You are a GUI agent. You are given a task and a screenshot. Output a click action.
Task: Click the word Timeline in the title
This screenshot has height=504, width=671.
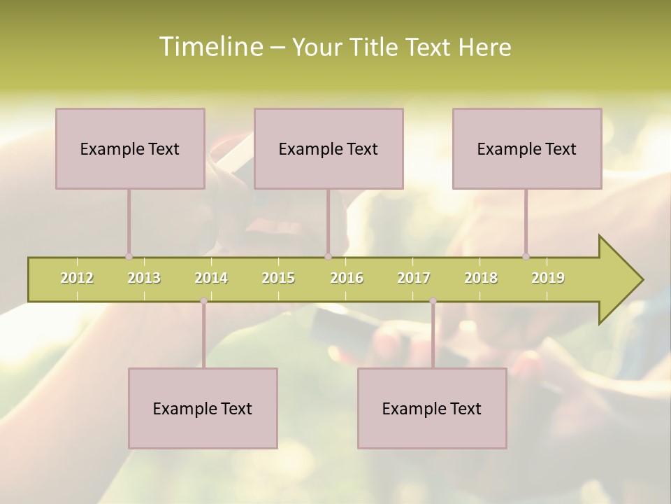210,47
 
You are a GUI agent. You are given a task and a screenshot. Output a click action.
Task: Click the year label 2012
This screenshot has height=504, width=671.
77,278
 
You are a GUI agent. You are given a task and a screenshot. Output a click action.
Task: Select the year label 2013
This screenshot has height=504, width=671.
144,278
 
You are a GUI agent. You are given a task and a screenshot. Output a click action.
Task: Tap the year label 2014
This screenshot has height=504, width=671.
211,278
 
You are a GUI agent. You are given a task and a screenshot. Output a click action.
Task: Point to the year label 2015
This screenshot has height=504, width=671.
278,278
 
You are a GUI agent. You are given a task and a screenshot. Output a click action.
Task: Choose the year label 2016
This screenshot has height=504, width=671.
347,278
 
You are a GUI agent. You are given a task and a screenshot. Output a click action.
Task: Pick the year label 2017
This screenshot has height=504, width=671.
414,278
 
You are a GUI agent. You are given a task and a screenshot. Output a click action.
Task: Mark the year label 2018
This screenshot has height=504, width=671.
481,278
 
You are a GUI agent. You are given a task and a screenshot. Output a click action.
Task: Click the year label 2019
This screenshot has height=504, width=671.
548,278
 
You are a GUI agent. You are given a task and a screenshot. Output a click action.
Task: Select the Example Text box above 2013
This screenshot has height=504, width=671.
130,148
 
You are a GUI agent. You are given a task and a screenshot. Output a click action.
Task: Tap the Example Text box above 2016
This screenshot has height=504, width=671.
329,148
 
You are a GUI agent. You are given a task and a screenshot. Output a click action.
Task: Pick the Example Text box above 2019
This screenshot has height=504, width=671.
527,148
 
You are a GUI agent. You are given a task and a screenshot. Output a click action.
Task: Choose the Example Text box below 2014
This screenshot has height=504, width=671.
203,408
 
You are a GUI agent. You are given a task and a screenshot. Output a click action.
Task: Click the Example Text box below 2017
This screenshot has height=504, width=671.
432,408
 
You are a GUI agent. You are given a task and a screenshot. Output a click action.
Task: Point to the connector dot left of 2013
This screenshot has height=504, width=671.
129,257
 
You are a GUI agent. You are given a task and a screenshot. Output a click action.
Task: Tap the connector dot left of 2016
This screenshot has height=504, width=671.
328,257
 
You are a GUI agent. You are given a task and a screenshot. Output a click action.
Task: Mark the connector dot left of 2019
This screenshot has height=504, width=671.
526,257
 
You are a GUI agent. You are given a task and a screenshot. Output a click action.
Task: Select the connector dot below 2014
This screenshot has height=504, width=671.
203,301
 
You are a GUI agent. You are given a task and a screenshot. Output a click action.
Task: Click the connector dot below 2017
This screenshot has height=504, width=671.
433,301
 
